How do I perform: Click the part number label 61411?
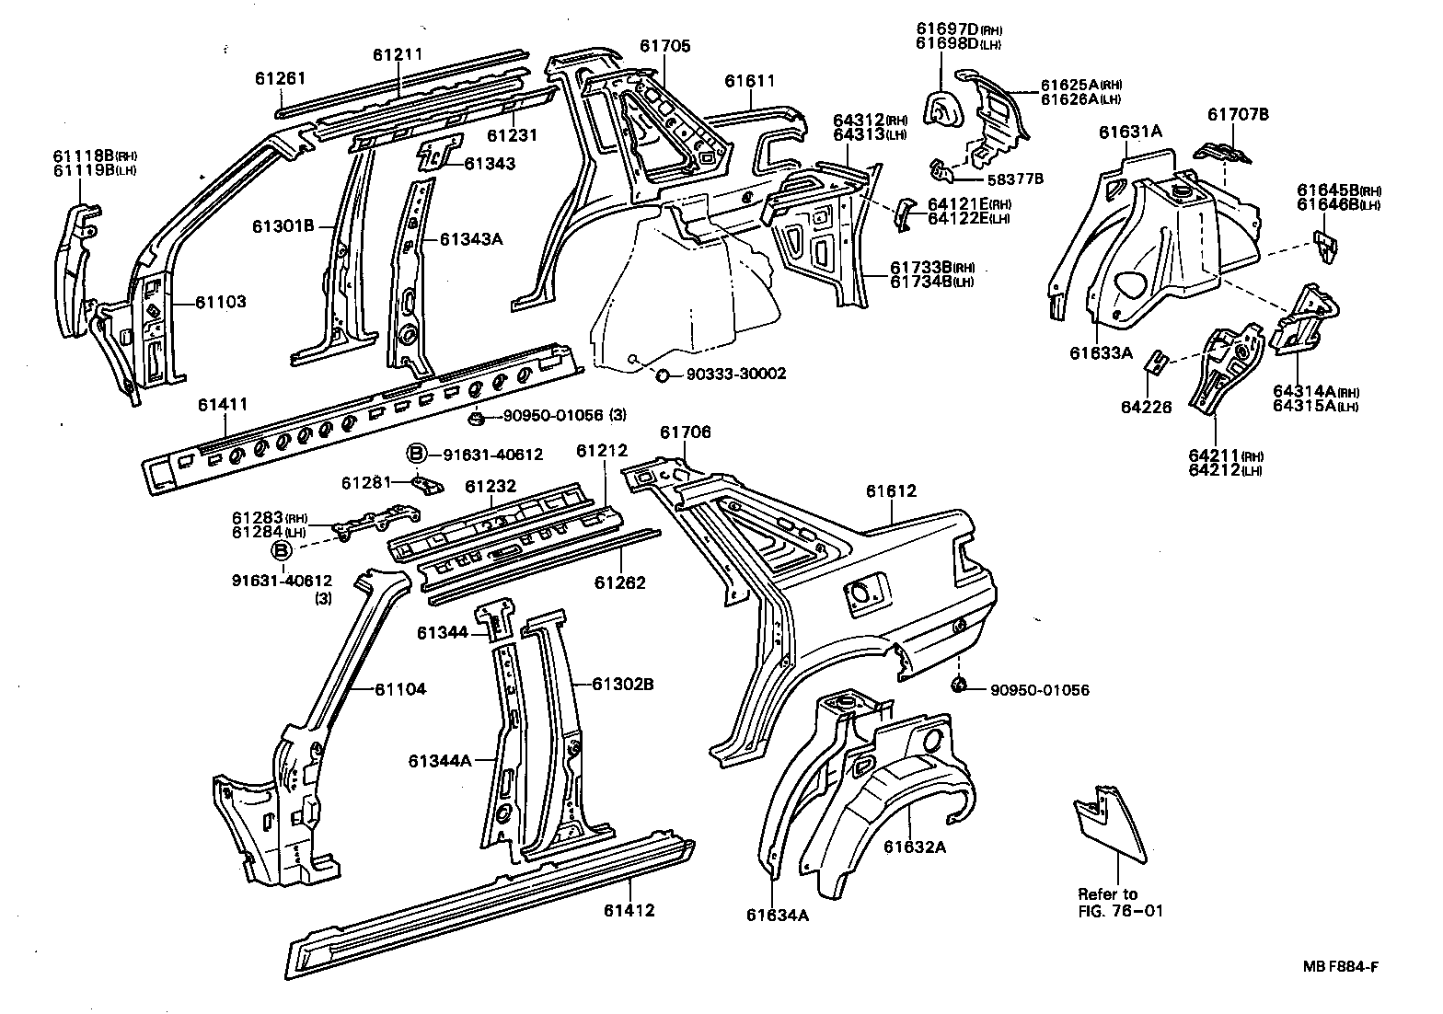(222, 404)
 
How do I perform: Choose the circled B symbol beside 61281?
(416, 454)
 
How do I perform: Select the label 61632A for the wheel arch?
(915, 847)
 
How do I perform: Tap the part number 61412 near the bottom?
(629, 911)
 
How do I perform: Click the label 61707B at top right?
(1238, 114)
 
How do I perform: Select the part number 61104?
(399, 689)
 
